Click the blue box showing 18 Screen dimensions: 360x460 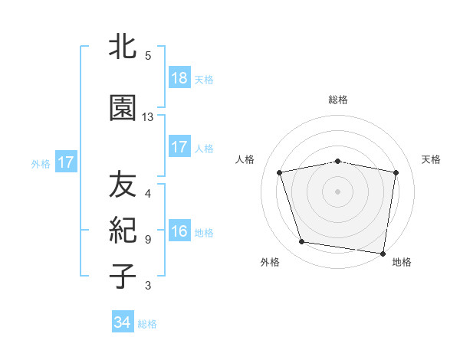tap(179, 78)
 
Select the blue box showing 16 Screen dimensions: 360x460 tap(179, 232)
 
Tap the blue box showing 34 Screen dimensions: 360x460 tap(123, 322)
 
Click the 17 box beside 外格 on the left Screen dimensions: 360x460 tap(65, 162)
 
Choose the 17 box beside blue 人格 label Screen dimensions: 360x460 tap(179, 148)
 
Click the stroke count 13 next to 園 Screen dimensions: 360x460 tap(148, 117)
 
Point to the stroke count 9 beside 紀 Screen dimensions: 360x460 tap(148, 239)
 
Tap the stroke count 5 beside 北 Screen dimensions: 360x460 tap(148, 55)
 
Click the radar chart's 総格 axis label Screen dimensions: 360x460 tap(338, 100)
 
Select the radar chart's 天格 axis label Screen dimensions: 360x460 tap(432, 159)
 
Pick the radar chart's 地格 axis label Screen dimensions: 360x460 tap(402, 262)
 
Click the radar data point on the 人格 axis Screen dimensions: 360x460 tap(280, 172)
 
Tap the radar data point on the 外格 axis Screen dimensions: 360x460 tap(302, 242)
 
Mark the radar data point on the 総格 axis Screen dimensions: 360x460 tap(338, 161)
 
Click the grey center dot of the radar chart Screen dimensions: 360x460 tap(338, 191)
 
